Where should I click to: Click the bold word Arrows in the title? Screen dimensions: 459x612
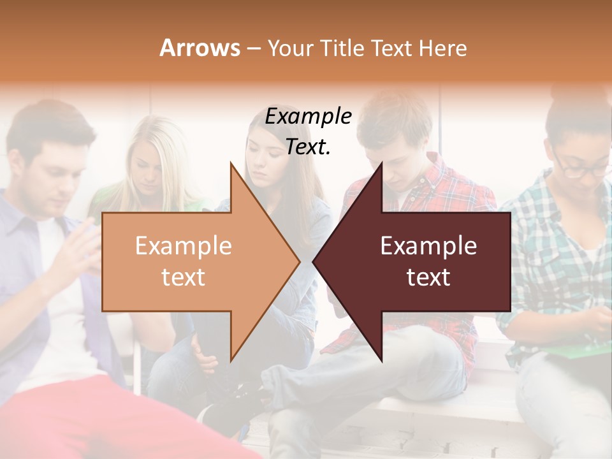[x=200, y=48]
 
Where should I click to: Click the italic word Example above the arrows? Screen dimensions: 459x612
[x=308, y=117]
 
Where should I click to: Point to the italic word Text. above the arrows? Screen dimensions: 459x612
[x=308, y=147]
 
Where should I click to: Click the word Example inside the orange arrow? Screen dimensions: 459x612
[x=184, y=246]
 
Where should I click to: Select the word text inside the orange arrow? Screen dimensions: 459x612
[x=184, y=277]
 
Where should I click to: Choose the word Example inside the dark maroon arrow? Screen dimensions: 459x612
[x=428, y=246]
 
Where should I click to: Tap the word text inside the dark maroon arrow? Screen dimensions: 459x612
[x=428, y=277]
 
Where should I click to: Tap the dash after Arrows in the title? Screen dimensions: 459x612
[x=253, y=48]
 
